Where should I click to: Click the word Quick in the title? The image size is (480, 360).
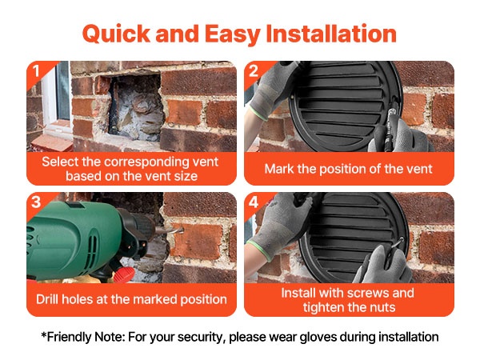click(116, 34)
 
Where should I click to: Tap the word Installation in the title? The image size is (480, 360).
click(331, 33)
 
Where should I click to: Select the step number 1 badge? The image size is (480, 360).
click(37, 71)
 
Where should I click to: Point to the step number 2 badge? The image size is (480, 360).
click(254, 71)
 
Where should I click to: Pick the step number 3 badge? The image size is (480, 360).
click(36, 202)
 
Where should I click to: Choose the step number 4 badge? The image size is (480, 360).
click(254, 202)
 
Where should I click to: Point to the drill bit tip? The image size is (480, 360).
click(182, 229)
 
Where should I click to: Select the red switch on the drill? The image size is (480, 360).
click(125, 274)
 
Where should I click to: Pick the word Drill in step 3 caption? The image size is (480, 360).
click(47, 299)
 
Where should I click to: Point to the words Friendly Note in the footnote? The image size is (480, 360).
click(82, 337)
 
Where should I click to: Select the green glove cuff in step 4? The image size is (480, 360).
click(259, 250)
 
